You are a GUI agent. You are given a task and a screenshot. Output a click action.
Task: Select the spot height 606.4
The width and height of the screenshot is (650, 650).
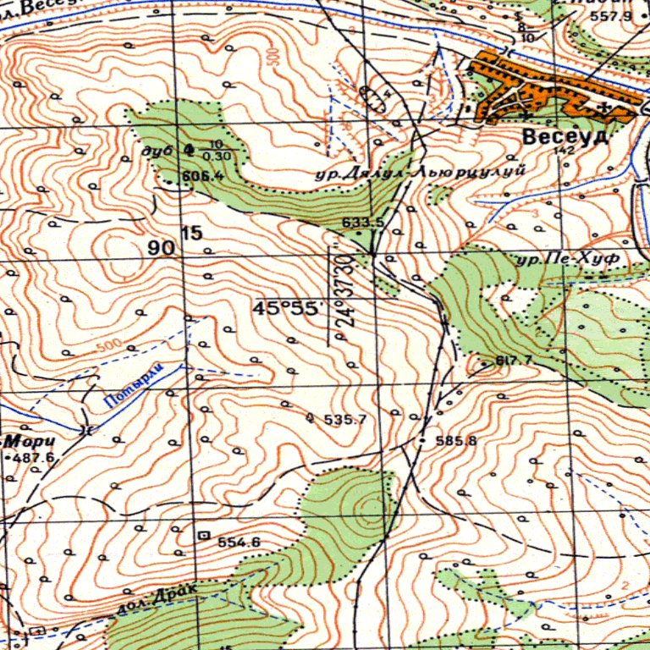(x=201, y=176)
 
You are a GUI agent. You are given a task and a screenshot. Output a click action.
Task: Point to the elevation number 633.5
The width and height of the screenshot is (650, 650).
(x=363, y=223)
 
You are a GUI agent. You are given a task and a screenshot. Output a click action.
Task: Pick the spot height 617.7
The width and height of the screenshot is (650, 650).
(x=514, y=361)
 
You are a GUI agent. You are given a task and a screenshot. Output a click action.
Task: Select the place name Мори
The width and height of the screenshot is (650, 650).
(x=30, y=441)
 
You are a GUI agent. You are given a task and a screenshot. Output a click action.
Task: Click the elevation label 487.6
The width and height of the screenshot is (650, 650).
(x=34, y=458)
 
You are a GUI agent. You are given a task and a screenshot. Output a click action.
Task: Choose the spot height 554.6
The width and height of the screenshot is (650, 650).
(x=239, y=542)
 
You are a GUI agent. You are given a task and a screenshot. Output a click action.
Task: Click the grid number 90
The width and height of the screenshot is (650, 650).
(x=162, y=248)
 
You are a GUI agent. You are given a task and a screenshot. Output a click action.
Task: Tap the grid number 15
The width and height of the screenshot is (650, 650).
(x=192, y=233)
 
